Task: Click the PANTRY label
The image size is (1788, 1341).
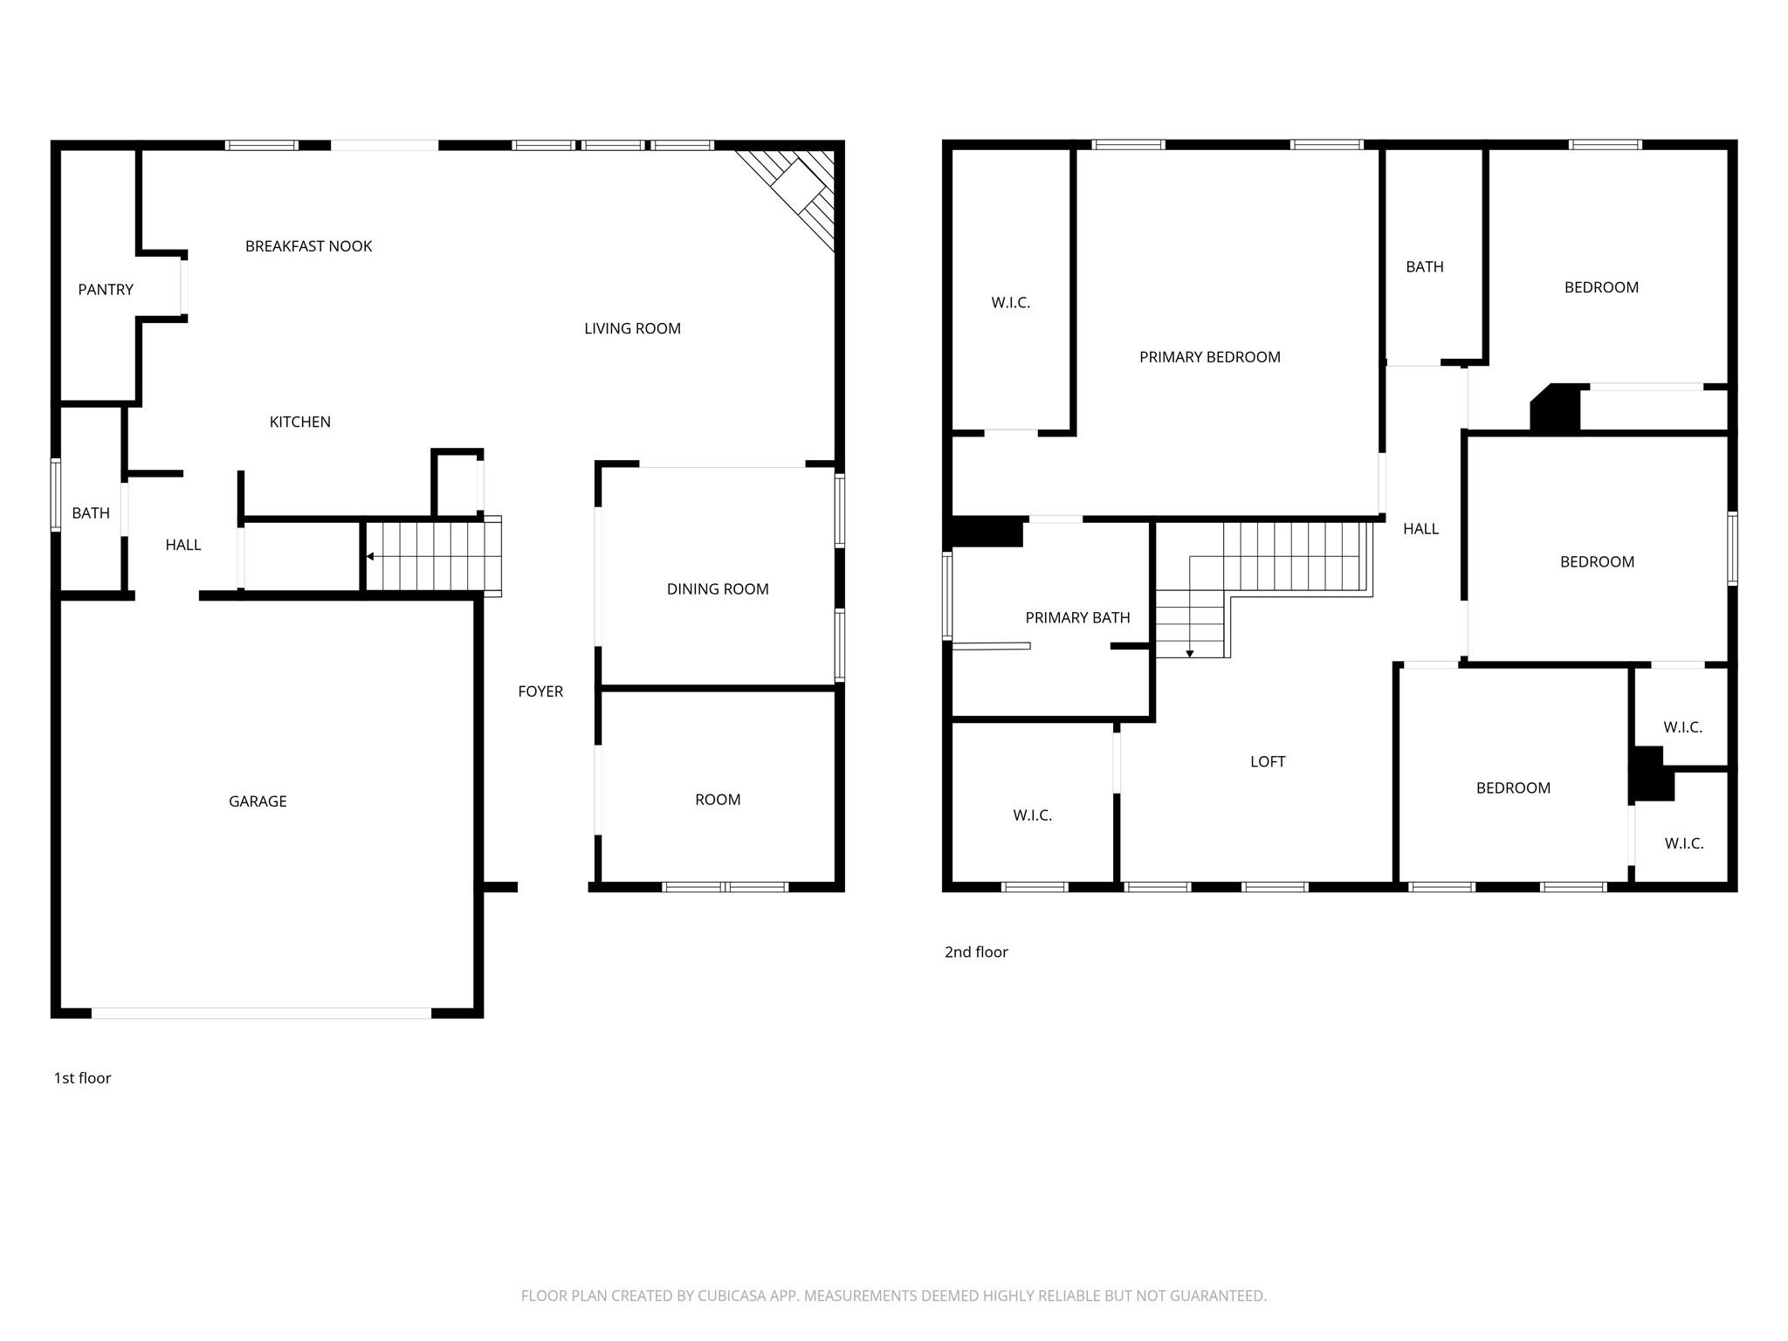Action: [x=106, y=290]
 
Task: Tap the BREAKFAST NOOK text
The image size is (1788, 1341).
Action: [x=308, y=247]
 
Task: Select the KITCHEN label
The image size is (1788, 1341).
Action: [x=299, y=423]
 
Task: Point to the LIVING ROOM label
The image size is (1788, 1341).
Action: [x=632, y=329]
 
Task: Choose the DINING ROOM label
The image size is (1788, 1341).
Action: [x=718, y=589]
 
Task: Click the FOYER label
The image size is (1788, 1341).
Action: [x=540, y=691]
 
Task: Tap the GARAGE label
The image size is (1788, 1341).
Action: [x=258, y=801]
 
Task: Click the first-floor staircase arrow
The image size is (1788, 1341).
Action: [x=370, y=556]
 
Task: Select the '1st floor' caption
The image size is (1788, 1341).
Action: [x=83, y=1078]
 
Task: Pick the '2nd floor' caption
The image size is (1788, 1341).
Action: [x=976, y=952]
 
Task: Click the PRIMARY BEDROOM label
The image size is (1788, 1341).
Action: [x=1209, y=357]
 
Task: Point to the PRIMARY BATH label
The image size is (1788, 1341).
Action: [x=1077, y=618]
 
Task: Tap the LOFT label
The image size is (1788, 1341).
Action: [x=1268, y=762]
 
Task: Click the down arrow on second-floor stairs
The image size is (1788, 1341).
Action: [x=1189, y=653]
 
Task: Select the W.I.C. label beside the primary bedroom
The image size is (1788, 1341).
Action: [x=1010, y=303]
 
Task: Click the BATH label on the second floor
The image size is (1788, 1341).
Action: [x=1424, y=267]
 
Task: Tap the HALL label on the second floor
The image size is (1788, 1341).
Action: [x=1420, y=529]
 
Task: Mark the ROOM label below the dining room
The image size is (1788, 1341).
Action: [x=718, y=800]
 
